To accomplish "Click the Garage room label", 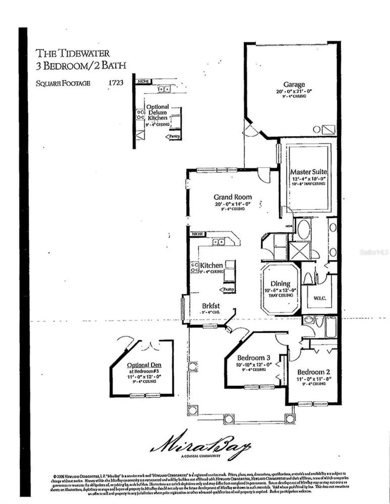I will click(x=294, y=85).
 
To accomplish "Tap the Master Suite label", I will click(x=308, y=172).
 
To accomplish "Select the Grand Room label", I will click(x=233, y=197).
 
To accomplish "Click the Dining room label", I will click(x=280, y=284).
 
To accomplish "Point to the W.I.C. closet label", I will click(x=319, y=298).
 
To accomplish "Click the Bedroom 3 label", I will click(x=253, y=358).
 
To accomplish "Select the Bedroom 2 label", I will click(x=313, y=372).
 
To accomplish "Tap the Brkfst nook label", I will click(x=211, y=306).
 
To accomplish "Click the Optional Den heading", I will click(x=144, y=365).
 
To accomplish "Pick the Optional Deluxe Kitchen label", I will click(x=157, y=113).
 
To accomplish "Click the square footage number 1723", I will click(x=116, y=83).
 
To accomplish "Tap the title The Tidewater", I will click(x=73, y=53).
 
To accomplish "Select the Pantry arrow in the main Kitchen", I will click(x=227, y=289).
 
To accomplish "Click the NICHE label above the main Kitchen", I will click(x=198, y=234).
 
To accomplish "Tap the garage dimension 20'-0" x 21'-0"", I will click(x=294, y=91).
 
